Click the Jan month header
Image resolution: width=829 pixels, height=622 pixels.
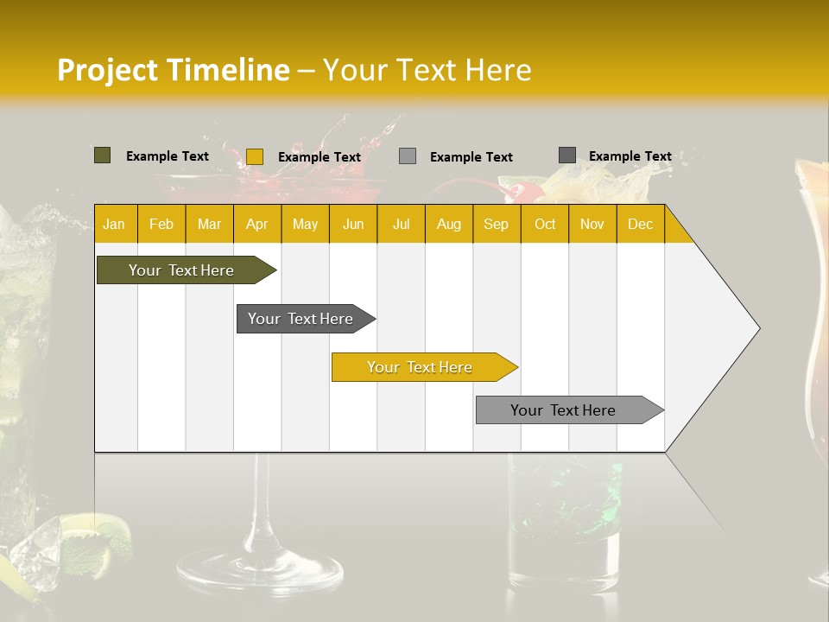114,224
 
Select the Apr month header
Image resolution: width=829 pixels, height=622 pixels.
257,224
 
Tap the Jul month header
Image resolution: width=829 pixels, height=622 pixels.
401,224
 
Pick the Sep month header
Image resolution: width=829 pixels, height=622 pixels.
496,224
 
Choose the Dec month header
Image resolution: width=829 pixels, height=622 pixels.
640,224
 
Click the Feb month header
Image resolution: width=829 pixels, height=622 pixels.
161,224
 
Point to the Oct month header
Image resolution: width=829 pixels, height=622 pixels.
545,224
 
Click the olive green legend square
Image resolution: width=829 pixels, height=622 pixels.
102,155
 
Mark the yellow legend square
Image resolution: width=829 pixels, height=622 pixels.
254,156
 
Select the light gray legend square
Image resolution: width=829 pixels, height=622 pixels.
408,156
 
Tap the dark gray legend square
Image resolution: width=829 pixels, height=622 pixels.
566,155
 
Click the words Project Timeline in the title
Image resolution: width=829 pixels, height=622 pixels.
173,70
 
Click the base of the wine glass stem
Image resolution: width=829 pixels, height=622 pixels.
259,570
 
